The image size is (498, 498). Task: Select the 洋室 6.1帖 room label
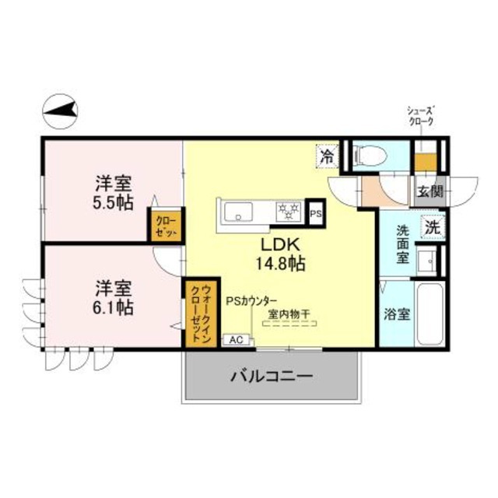tap(113, 296)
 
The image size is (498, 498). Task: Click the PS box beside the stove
tap(316, 212)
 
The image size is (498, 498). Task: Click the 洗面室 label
tap(402, 244)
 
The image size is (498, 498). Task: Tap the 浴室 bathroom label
tap(397, 315)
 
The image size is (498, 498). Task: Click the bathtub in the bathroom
tap(429, 316)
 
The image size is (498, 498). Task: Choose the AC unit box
tap(235, 339)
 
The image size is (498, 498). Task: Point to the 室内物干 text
tap(289, 314)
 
